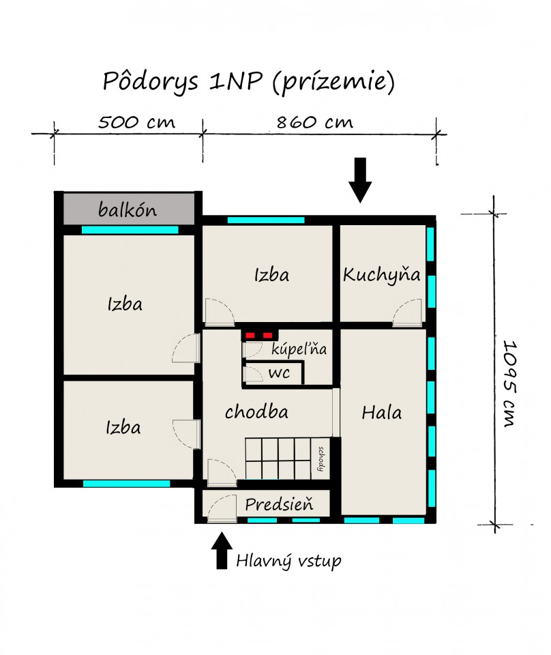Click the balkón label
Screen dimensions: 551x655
pyautogui.click(x=128, y=209)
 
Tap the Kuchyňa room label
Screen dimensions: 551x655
pyautogui.click(x=381, y=275)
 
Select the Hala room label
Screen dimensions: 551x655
pyautogui.click(x=381, y=413)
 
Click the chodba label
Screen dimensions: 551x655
pyautogui.click(x=256, y=412)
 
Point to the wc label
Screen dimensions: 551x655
pyautogui.click(x=279, y=373)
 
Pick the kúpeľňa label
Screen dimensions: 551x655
pyautogui.click(x=299, y=349)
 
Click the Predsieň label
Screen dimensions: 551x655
pyautogui.click(x=279, y=504)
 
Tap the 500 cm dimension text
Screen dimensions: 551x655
pyautogui.click(x=136, y=122)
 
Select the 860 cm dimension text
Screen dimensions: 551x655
pyautogui.click(x=315, y=122)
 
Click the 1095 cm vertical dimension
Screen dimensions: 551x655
pyautogui.click(x=509, y=384)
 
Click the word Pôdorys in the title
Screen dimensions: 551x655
pyautogui.click(x=150, y=81)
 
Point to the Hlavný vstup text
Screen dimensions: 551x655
pyautogui.click(x=288, y=561)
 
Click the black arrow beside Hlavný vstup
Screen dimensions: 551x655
pyautogui.click(x=222, y=550)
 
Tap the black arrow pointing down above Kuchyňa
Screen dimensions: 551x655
pyautogui.click(x=360, y=180)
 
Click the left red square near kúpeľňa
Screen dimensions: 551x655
pyautogui.click(x=250, y=336)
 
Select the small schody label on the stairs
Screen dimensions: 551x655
pyautogui.click(x=321, y=458)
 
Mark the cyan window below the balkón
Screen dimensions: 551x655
pyautogui.click(x=130, y=230)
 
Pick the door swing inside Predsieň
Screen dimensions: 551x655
pyautogui.click(x=222, y=508)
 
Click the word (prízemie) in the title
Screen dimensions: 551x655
pyautogui.click(x=333, y=81)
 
